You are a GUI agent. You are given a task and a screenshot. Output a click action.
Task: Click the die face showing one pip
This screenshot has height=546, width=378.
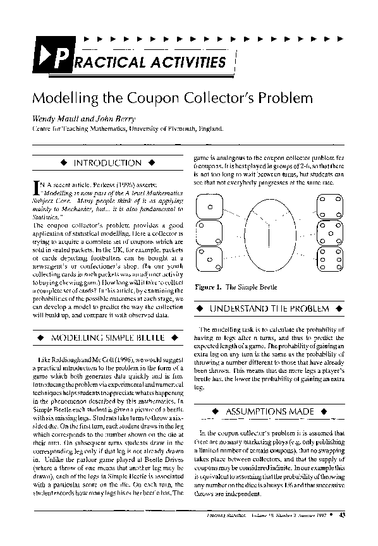pyautogui.click(x=211, y=205)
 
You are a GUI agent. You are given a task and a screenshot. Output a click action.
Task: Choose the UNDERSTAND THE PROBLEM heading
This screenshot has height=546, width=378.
pyautogui.click(x=269, y=308)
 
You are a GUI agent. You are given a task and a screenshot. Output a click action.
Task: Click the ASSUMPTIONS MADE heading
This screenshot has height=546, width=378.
pyautogui.click(x=269, y=411)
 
